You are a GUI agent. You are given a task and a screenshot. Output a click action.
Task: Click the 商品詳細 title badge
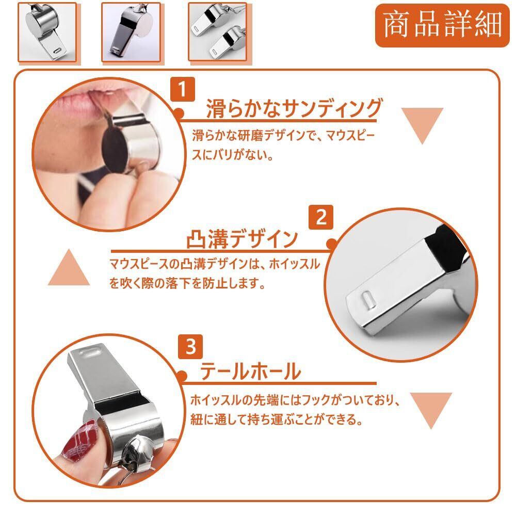tap(442, 26)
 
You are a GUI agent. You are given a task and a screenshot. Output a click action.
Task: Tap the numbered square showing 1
tap(183, 89)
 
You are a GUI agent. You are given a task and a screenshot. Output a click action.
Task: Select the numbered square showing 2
tap(321, 217)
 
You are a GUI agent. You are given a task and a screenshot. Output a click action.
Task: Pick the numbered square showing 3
tap(190, 347)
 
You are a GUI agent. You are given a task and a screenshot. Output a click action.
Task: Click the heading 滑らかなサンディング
tap(294, 108)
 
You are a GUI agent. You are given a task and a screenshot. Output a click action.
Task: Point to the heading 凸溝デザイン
tap(242, 239)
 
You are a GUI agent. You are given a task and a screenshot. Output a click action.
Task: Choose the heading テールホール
tap(251, 371)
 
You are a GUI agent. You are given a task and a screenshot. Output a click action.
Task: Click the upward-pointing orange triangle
tap(69, 267)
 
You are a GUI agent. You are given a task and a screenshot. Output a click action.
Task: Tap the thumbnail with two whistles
tap(218, 32)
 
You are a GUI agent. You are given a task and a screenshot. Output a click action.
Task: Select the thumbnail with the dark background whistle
tap(131, 32)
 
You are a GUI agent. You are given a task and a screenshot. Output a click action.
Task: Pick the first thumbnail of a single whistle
tap(47, 32)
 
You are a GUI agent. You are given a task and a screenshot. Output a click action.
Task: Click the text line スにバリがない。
tap(233, 155)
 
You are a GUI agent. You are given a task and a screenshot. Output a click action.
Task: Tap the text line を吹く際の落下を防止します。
tap(187, 283)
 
